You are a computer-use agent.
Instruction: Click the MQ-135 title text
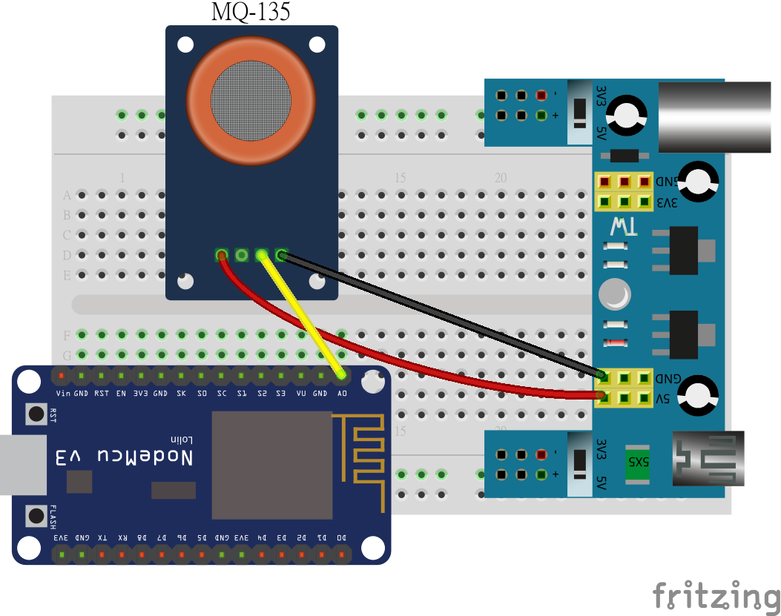(250, 11)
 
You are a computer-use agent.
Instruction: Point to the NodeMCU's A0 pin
(341, 376)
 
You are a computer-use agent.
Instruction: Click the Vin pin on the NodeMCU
(62, 376)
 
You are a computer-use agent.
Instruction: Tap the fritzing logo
(715, 595)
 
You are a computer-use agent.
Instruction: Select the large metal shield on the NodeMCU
(272, 465)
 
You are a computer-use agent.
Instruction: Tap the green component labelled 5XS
(637, 460)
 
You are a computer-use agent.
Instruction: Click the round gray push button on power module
(616, 294)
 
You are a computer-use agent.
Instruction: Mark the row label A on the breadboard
(67, 196)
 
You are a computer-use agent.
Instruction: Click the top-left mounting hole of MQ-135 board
(186, 44)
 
